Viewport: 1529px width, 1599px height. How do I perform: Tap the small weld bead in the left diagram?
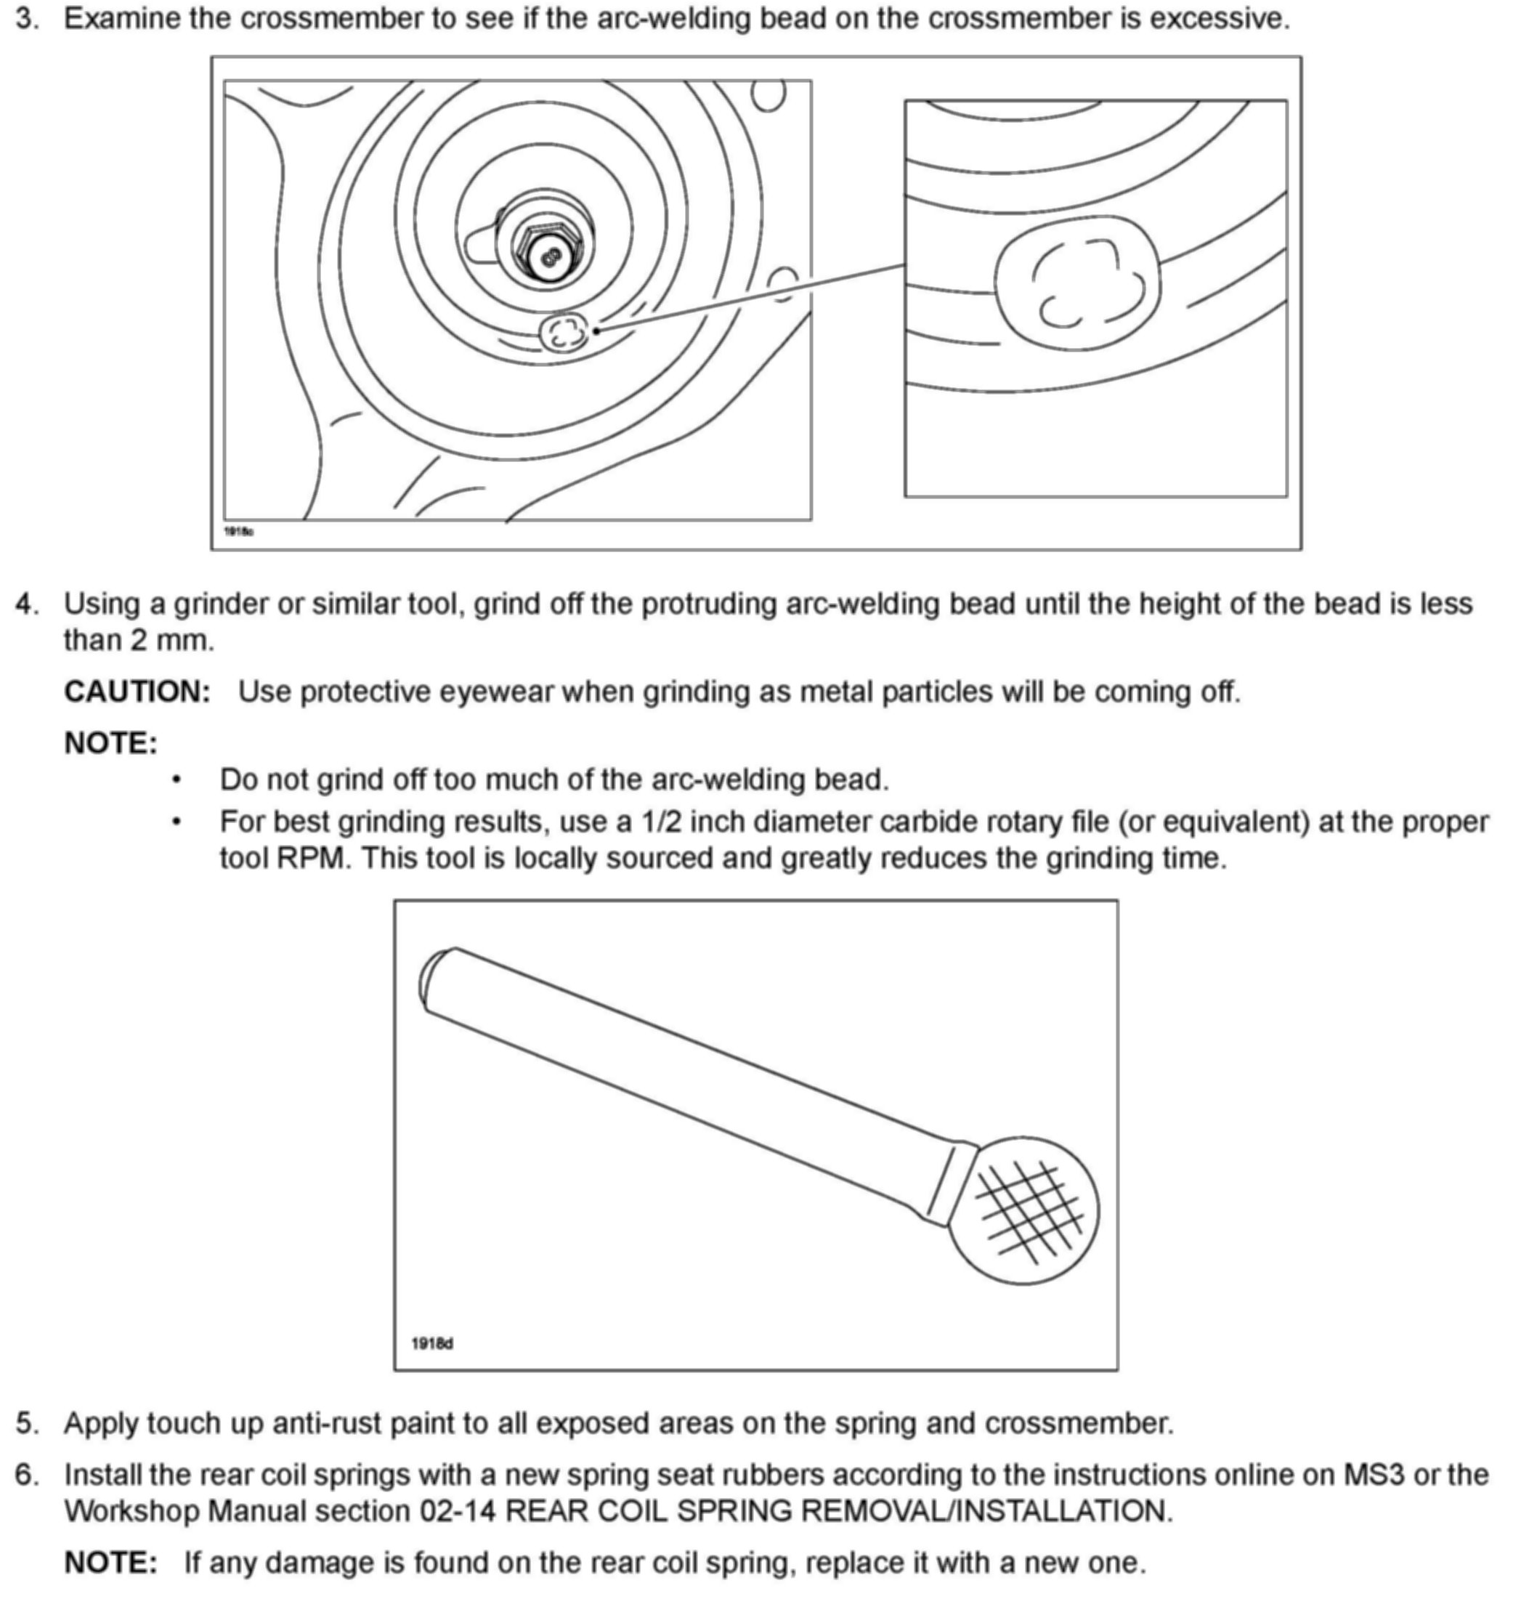(x=563, y=332)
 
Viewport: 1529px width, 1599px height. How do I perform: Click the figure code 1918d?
(x=432, y=1343)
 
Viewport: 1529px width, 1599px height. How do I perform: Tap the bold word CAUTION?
(x=137, y=692)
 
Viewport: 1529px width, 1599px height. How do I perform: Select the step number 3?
(x=27, y=19)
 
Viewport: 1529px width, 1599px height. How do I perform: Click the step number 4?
(x=27, y=604)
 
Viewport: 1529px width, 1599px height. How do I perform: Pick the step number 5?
(x=27, y=1423)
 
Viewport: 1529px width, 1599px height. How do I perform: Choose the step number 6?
(x=27, y=1474)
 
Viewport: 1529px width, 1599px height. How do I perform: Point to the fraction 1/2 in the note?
(x=660, y=822)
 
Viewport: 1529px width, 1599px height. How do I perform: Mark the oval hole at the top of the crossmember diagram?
(x=768, y=94)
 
